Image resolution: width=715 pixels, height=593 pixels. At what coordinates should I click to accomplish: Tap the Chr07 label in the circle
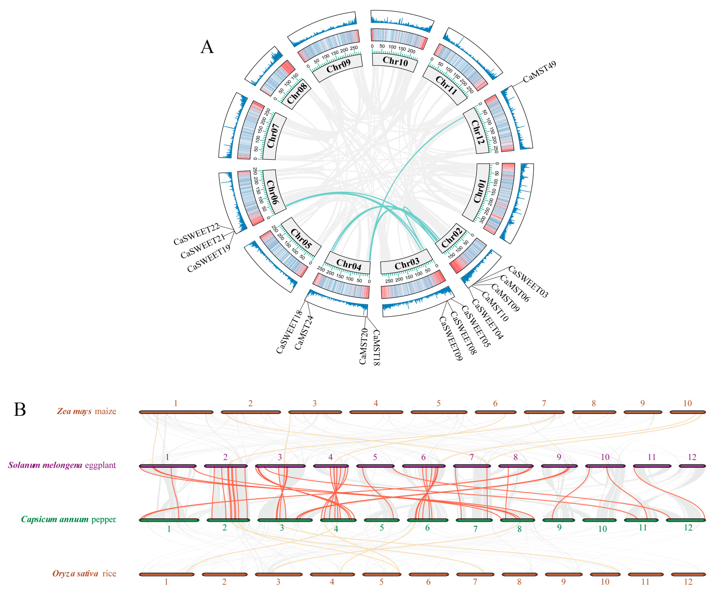point(273,136)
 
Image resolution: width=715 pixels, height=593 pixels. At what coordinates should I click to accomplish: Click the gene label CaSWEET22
point(196,234)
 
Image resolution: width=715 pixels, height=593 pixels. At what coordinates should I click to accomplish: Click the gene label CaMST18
point(376,347)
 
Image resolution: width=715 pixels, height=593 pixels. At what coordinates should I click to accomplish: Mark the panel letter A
point(207,47)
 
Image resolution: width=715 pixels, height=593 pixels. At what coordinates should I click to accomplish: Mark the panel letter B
point(20,409)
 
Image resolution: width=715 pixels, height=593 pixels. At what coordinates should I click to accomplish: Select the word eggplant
point(100,465)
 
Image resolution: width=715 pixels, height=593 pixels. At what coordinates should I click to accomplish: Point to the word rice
point(109,574)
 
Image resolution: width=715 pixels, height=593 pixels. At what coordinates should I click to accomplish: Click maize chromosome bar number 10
point(687,412)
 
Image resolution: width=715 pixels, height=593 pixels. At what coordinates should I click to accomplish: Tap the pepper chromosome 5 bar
point(382,520)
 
